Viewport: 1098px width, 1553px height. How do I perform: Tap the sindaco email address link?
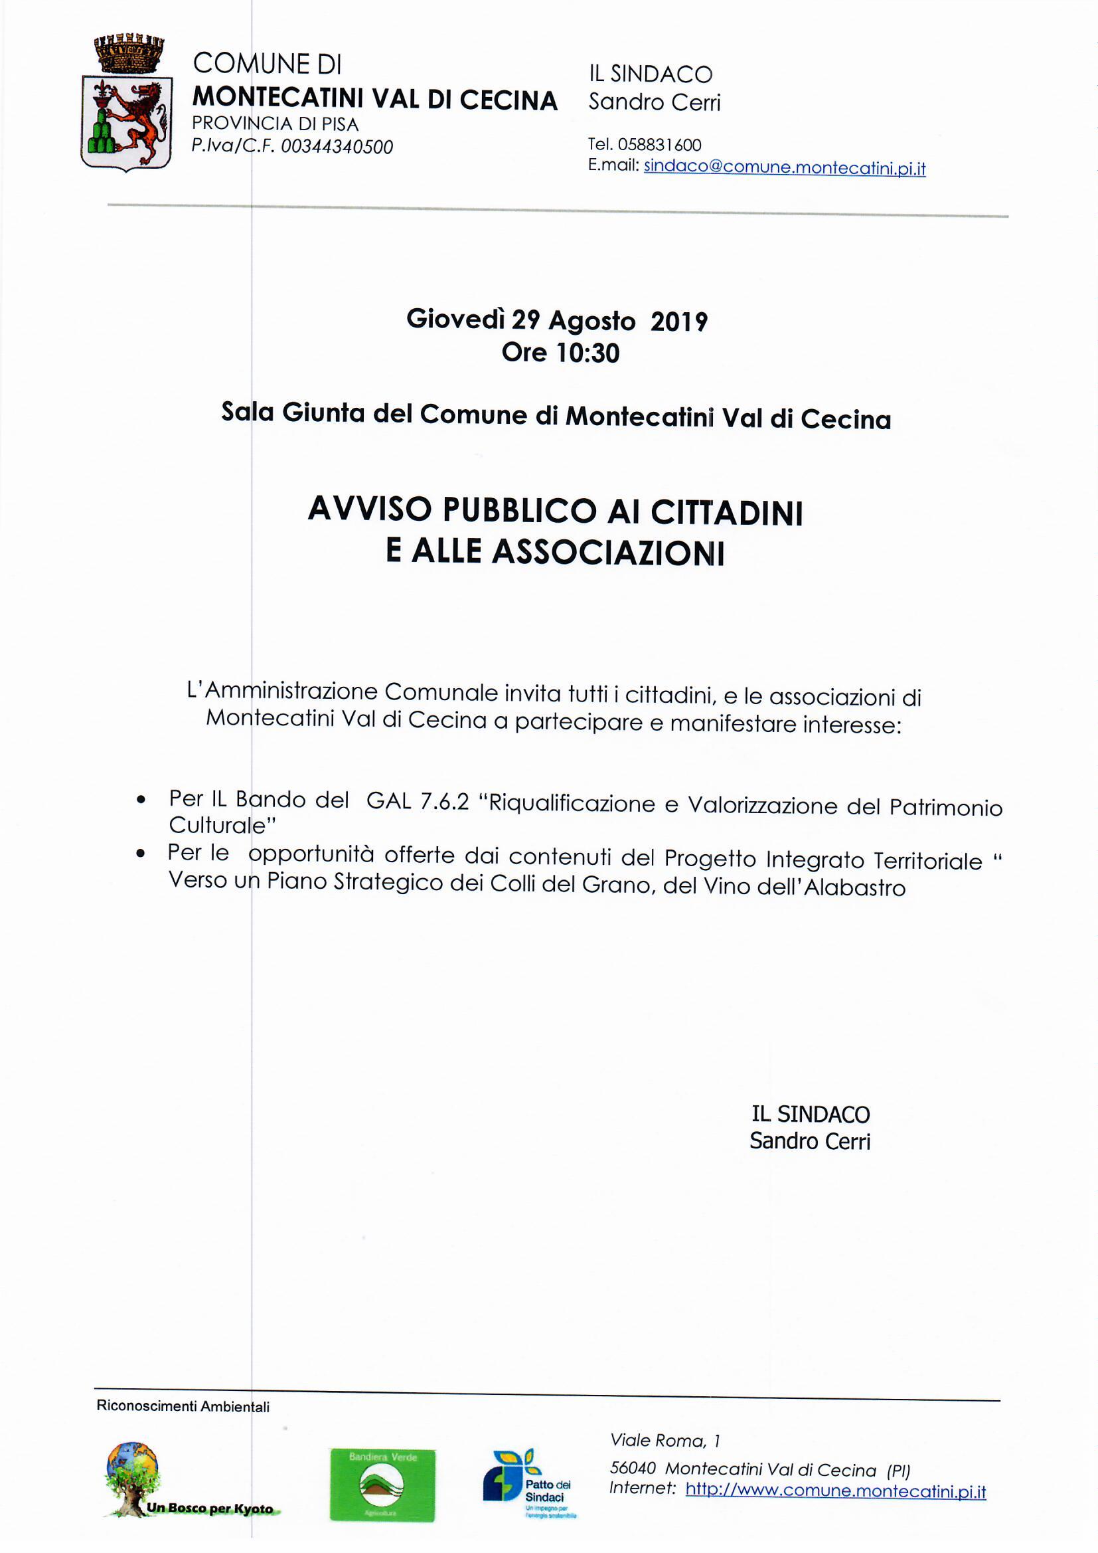click(784, 167)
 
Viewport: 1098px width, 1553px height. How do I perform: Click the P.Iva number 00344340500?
click(336, 147)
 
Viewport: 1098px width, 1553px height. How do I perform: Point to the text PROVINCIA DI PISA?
click(275, 124)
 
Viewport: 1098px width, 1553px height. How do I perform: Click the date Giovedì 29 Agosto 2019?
click(556, 320)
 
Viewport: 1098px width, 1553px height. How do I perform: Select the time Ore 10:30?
click(560, 353)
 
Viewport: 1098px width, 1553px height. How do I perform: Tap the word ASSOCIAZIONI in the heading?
click(608, 552)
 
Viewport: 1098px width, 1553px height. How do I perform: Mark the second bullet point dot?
click(141, 854)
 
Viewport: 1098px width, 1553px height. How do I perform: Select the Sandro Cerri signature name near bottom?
click(809, 1142)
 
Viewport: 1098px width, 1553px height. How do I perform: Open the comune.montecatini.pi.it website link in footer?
click(835, 1491)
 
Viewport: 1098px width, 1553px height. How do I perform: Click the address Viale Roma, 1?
click(665, 1441)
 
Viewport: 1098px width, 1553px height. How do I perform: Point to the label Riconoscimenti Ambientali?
click(183, 1408)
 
